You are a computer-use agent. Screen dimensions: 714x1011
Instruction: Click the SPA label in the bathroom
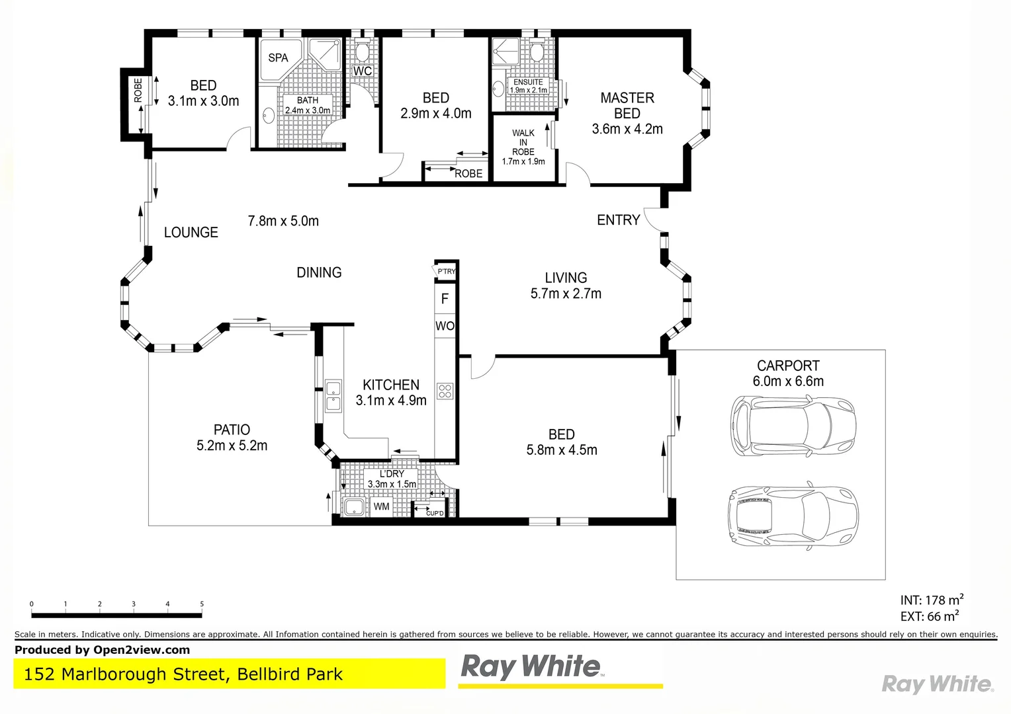(278, 58)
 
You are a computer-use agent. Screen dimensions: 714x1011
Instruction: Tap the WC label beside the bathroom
(363, 71)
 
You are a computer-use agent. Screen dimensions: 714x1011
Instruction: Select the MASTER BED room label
(627, 106)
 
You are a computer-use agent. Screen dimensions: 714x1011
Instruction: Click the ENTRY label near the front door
(618, 220)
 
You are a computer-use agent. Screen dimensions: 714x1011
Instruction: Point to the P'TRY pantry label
(447, 271)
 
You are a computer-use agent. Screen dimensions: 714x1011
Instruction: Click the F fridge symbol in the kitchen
(445, 299)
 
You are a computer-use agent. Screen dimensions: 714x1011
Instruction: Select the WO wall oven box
(445, 326)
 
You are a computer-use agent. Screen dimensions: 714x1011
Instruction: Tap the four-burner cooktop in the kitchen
(445, 391)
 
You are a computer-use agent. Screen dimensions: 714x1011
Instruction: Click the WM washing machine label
(382, 507)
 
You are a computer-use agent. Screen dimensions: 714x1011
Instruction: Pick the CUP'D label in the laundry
(435, 513)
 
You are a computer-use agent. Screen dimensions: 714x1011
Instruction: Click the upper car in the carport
(793, 426)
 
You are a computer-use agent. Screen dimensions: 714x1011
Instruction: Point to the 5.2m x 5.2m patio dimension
(232, 446)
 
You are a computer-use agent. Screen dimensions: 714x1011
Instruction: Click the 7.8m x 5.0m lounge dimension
(283, 221)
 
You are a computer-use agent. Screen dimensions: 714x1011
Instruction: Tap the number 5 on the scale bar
(202, 604)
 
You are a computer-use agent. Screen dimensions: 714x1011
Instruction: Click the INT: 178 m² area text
(932, 600)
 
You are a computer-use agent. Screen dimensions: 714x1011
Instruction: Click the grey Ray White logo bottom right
(938, 684)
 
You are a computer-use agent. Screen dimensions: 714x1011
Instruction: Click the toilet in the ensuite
(537, 52)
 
